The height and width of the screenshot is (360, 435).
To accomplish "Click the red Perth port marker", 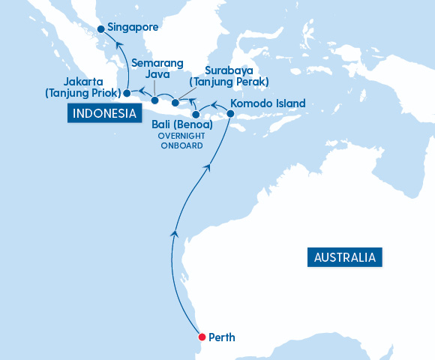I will [x=201, y=337].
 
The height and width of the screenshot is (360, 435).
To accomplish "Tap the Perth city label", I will [x=222, y=337].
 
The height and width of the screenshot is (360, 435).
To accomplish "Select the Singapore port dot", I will [x=100, y=29].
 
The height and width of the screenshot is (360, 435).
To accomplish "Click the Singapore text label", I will [x=133, y=27].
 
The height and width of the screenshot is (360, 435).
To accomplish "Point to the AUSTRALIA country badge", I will [x=345, y=257].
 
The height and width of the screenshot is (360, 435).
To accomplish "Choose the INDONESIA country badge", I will [x=105, y=113].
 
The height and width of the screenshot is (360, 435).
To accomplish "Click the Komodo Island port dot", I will [x=230, y=114].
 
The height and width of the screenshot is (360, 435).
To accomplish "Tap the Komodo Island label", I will [x=268, y=103].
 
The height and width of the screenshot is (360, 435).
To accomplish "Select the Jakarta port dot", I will [x=127, y=93].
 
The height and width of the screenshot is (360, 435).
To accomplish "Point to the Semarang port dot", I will [x=154, y=100].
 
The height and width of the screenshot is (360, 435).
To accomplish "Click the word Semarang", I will [x=156, y=63].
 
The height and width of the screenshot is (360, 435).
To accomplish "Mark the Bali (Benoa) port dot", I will [x=195, y=114].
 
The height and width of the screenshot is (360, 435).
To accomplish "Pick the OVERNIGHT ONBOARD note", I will [x=180, y=141].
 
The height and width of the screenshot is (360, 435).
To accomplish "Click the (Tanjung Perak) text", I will [x=229, y=81].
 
